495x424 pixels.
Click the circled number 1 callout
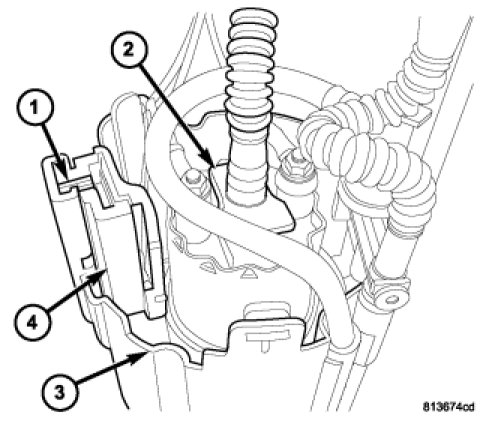coord(35,109)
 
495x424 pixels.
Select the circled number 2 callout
coord(128,51)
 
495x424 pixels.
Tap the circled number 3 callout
coord(59,393)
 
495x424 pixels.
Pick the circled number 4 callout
coord(32,322)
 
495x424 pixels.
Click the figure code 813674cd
coord(448,407)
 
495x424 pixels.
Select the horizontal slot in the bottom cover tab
coord(266,333)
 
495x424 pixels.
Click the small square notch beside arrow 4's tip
coord(87,263)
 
